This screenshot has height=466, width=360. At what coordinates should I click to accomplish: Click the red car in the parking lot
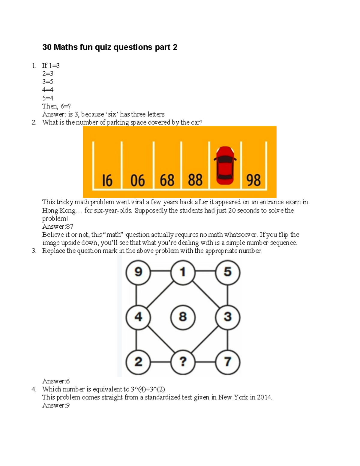coord(225,166)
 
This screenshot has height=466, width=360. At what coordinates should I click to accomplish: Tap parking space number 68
coord(167,180)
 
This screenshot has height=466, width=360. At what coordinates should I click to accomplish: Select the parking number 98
coord(253,180)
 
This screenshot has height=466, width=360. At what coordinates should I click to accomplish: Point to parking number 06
coord(138,181)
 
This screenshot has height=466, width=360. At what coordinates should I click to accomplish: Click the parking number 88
coord(195,180)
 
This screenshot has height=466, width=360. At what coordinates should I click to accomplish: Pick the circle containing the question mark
coord(183,362)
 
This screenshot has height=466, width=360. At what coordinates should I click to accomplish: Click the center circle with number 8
coord(183,317)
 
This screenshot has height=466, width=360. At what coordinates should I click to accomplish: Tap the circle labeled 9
coord(138,272)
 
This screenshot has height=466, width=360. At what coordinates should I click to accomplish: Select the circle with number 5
coord(227,272)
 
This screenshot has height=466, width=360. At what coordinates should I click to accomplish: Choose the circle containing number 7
coord(227,362)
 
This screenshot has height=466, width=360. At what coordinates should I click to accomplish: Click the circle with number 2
coord(138,362)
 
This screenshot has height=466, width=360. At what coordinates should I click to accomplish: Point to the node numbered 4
coord(138,317)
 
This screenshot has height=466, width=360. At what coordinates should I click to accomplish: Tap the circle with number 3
coord(227,317)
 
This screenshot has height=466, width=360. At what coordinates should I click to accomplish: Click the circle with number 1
coord(183,272)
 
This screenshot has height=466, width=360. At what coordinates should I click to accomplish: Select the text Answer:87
coord(58,227)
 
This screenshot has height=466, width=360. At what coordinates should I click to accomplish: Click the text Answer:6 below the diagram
coord(56,381)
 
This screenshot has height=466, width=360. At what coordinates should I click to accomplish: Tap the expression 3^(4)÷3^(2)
coord(148,389)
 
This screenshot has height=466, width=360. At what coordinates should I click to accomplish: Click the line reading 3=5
coord(48,82)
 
